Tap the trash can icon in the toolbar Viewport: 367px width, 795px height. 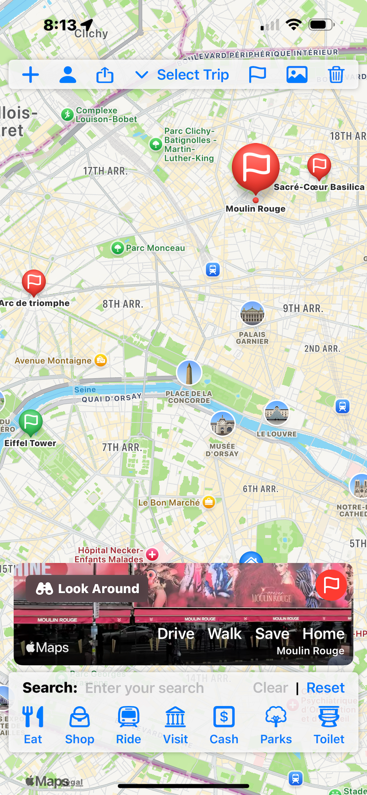coord(336,75)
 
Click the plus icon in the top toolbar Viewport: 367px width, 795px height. coord(31,75)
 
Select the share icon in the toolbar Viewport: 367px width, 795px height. coord(105,75)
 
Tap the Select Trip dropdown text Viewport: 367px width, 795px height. coord(193,75)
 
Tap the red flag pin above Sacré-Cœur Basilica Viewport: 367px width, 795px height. coord(319,165)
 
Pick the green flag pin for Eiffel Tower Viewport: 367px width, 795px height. coord(31,421)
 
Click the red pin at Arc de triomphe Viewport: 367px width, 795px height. coord(34,282)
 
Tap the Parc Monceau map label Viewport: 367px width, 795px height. coord(155,248)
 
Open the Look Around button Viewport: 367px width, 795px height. coord(87,589)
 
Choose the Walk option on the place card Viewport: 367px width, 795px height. coord(225,634)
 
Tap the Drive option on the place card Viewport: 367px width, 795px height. coord(176,634)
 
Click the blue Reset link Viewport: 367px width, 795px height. coord(325,688)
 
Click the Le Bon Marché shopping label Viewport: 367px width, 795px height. coord(169,503)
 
